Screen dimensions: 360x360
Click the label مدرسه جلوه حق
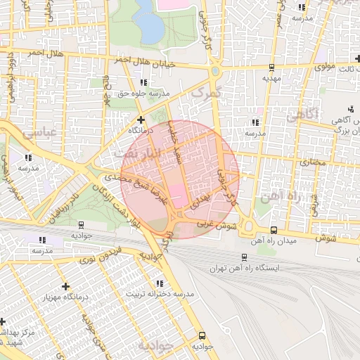click(144, 93)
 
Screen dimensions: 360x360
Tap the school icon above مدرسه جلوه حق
click(144, 82)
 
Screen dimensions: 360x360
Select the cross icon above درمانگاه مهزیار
click(65, 286)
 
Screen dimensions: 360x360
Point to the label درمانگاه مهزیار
click(65, 297)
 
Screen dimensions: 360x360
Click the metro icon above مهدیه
click(272, 67)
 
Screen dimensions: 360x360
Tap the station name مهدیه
click(272, 79)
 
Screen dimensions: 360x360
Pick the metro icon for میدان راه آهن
click(274, 230)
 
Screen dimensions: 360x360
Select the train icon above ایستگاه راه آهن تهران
click(243, 257)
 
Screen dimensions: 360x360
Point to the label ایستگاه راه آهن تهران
click(243, 269)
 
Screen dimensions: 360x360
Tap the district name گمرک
click(206, 92)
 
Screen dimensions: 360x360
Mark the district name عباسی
click(39, 131)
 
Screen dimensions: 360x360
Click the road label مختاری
click(314, 162)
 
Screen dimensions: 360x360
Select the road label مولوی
click(323, 67)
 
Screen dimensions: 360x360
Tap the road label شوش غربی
click(213, 223)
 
